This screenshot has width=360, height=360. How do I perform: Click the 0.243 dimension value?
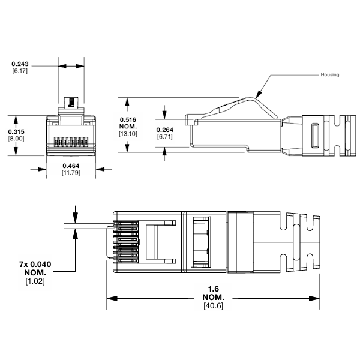[20, 64]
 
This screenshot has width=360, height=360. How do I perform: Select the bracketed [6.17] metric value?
[20, 71]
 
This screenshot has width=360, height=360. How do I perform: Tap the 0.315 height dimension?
[15, 131]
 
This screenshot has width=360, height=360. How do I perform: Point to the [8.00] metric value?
[15, 139]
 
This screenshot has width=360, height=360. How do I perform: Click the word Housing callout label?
[329, 75]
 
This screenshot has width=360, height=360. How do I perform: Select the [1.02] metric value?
[34, 280]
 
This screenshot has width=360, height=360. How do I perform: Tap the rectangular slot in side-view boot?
[313, 135]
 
